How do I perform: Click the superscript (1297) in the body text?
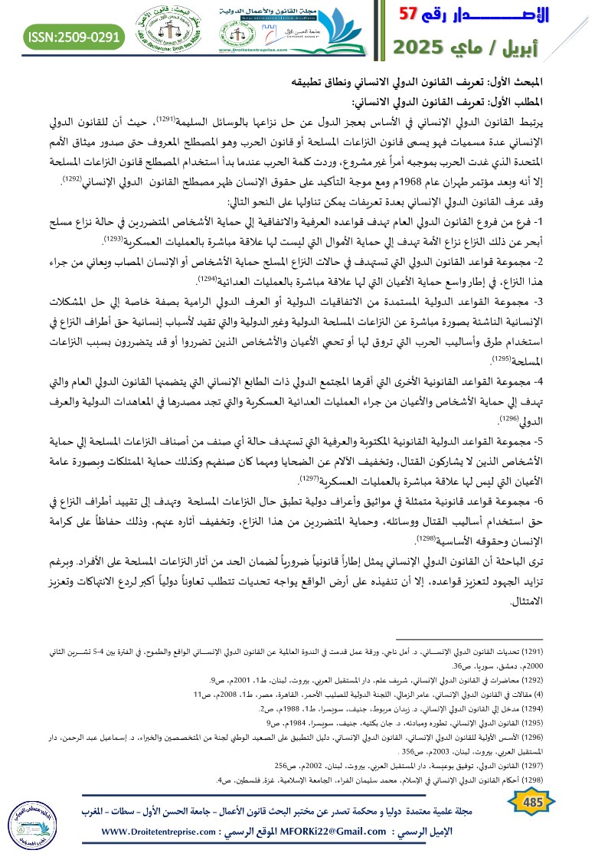point(288,479)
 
